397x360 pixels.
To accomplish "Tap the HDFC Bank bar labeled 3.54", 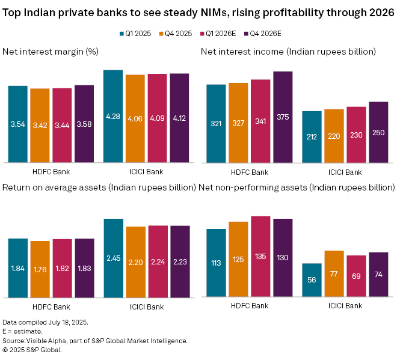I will pos(18,124).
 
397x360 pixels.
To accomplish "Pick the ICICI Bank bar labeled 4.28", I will pos(113,116).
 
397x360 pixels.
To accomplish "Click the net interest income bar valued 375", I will pos(283,117).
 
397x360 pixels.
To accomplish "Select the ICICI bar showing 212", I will pos(312,137).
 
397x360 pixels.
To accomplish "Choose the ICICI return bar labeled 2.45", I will pos(113,258).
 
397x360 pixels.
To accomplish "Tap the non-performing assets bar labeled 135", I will pos(260,257).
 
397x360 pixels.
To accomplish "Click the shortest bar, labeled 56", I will pos(312,281).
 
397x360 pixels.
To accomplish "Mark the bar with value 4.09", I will pos(158,118).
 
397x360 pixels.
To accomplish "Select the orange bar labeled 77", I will pos(334,274).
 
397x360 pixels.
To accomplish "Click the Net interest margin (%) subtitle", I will pos(51,52).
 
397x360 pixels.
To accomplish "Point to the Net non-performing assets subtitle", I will pos(297,188).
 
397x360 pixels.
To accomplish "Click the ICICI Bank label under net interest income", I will pos(345,172).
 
